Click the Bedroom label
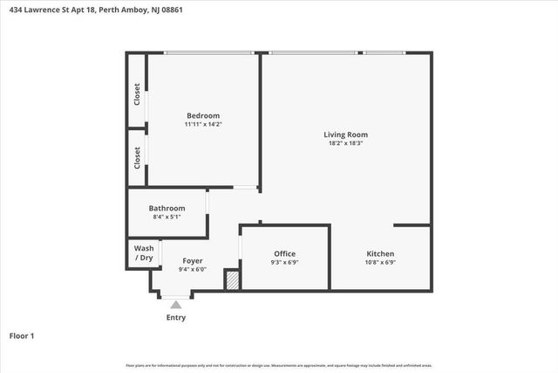point(202,115)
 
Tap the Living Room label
point(345,135)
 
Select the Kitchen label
point(380,253)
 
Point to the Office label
point(285,253)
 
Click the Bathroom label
point(167,208)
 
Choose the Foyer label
point(193,260)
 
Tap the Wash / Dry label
point(144,253)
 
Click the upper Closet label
point(137,93)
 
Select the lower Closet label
point(137,157)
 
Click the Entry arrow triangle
point(176,304)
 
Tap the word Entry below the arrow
point(176,317)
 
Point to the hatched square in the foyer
point(232,281)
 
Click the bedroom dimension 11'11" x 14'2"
point(202,125)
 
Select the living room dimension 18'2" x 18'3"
point(345,143)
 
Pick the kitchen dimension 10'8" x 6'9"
point(380,262)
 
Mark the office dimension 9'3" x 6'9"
point(285,262)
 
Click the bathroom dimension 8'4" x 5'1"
point(167,217)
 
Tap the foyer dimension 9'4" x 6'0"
point(193,269)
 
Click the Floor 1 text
point(21,335)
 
